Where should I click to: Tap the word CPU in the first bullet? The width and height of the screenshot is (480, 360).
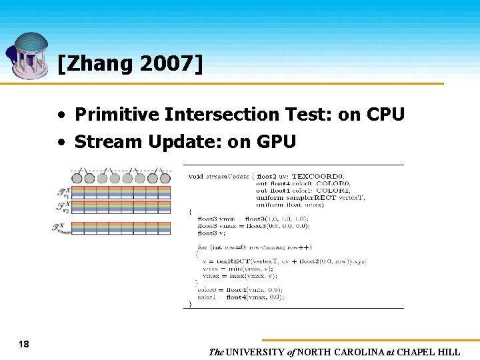pos(385,115)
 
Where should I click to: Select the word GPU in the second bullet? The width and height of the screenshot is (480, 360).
pos(277,141)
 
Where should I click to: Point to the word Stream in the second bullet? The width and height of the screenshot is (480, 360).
pos(101,141)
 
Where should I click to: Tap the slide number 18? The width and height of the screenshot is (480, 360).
pos(24,344)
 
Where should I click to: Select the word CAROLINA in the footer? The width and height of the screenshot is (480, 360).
pos(360,352)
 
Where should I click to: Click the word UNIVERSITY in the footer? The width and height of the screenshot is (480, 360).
pos(257,352)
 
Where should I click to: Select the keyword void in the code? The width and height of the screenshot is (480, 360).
pos(195,176)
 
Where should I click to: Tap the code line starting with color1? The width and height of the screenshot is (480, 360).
pos(240,297)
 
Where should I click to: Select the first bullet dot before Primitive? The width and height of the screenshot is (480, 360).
pos(61,115)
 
